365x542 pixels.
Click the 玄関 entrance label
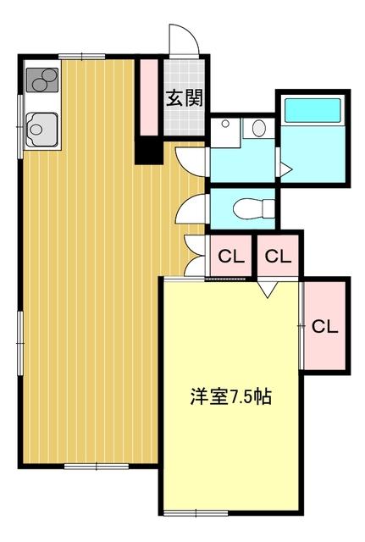183,97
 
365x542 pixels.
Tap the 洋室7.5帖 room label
230,396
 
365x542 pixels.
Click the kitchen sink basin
39,130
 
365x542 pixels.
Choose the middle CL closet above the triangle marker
278,255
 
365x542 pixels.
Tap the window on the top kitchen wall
81,57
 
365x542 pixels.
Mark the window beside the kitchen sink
20,124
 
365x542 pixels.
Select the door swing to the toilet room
193,205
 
